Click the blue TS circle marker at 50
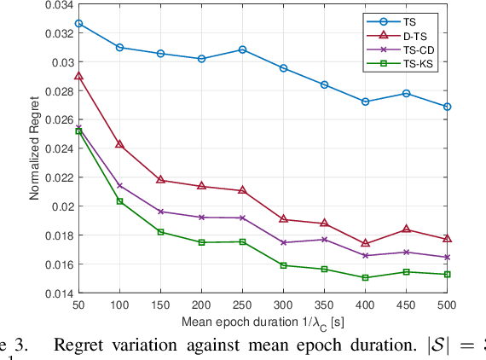tap(78, 23)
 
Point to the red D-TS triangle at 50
tap(78, 76)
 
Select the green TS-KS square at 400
tap(365, 277)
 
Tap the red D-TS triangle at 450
tap(406, 229)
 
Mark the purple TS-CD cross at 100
tap(119, 185)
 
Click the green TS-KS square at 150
tap(160, 232)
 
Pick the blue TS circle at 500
tap(447, 107)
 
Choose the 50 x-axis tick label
tap(78, 305)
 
